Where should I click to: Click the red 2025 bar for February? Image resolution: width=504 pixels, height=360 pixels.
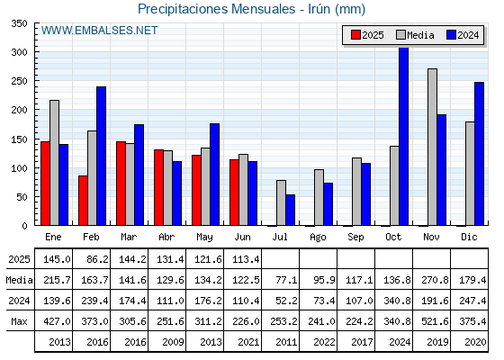(x=83, y=200)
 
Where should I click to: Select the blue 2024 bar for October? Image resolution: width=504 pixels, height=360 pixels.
(x=404, y=136)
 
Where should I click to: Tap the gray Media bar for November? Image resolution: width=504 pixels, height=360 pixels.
(x=432, y=147)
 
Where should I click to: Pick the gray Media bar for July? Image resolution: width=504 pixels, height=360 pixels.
(x=281, y=202)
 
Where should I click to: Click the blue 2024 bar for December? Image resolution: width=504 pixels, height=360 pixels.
(x=479, y=154)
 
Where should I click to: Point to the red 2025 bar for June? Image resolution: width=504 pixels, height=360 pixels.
(x=234, y=193)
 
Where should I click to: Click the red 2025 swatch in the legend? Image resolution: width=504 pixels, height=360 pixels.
(x=355, y=35)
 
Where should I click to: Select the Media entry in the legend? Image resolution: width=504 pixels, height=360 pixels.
(x=415, y=35)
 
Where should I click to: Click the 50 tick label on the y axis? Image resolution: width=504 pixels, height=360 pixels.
(x=22, y=197)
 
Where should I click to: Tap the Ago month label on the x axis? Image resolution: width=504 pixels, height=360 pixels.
(x=318, y=238)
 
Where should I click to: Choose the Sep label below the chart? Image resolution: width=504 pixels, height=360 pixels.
(x=355, y=238)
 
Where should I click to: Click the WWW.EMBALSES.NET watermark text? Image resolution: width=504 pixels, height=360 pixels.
(x=99, y=31)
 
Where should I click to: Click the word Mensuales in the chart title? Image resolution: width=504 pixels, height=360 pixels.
(x=263, y=9)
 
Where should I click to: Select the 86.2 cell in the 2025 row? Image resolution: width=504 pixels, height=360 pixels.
(x=97, y=259)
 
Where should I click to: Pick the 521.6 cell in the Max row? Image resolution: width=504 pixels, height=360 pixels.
(x=435, y=321)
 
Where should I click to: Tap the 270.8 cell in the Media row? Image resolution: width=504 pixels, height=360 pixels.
(x=435, y=280)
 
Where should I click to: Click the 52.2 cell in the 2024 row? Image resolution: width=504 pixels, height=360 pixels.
(x=286, y=301)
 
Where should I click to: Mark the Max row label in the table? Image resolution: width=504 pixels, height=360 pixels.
(x=19, y=321)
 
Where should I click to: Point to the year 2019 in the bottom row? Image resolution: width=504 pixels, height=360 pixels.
(x=437, y=342)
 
